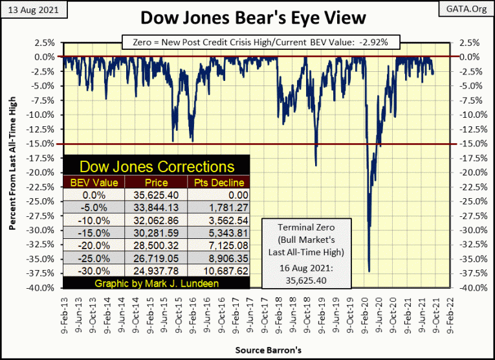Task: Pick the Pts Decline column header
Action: [217, 183]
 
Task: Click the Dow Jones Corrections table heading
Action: [155, 167]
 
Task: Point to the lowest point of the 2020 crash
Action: [369, 271]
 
